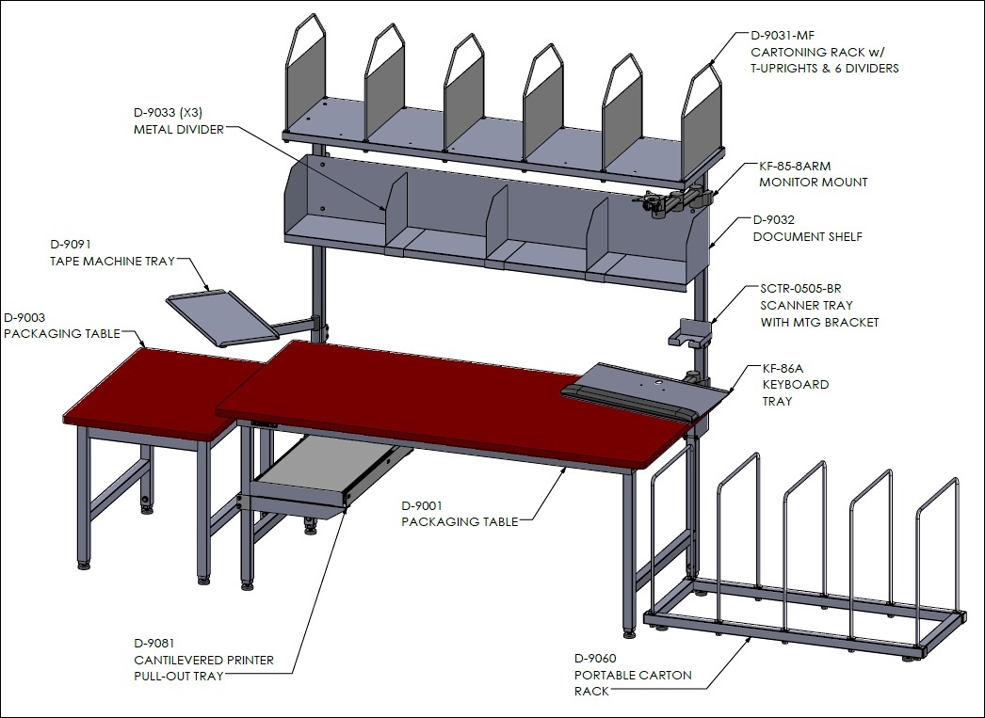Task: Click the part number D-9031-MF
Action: (783, 35)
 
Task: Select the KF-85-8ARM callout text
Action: (795, 167)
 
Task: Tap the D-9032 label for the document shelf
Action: (773, 219)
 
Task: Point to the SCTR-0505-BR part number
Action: (800, 289)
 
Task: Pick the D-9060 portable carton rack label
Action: (595, 659)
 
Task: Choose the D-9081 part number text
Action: (154, 644)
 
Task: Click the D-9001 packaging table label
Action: (422, 505)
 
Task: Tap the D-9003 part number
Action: (24, 317)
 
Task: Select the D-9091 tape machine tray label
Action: (71, 244)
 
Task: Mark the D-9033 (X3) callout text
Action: (168, 113)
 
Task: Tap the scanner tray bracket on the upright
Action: (689, 332)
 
